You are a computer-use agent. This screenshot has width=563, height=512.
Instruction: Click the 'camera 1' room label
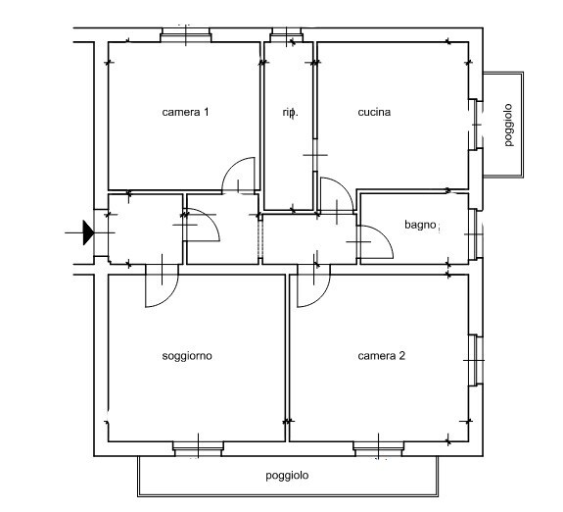185,112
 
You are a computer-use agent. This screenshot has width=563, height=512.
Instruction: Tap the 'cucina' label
374,112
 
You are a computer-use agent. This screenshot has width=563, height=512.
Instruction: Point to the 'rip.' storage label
290,113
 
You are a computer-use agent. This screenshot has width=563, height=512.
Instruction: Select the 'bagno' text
420,225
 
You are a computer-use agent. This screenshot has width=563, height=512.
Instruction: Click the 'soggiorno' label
187,356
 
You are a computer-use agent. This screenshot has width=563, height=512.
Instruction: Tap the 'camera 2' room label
381,356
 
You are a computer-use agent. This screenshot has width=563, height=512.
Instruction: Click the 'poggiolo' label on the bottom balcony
287,476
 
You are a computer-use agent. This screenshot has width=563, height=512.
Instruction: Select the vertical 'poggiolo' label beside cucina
508,125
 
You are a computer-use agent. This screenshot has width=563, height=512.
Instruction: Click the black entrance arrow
88,232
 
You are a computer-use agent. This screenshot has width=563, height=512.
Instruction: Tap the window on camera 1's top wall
186,35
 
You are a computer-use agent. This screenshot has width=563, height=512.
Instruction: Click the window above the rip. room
286,35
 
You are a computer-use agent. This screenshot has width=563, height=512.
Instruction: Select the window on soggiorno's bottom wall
198,448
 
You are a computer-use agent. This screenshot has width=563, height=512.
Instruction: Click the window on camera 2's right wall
476,360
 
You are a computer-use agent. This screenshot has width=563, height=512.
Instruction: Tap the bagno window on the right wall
476,234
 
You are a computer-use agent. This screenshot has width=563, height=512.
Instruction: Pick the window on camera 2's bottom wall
379,448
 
